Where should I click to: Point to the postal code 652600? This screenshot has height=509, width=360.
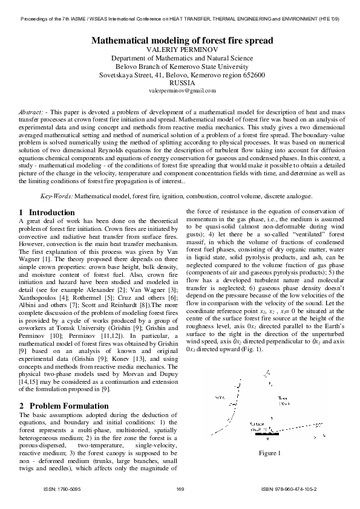pyautogui.click(x=254, y=75)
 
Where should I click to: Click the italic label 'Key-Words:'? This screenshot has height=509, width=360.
pyautogui.click(x=57, y=196)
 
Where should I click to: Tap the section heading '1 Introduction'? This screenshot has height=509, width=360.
pyautogui.click(x=47, y=213)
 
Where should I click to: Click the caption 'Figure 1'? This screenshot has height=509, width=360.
pyautogui.click(x=270, y=453)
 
